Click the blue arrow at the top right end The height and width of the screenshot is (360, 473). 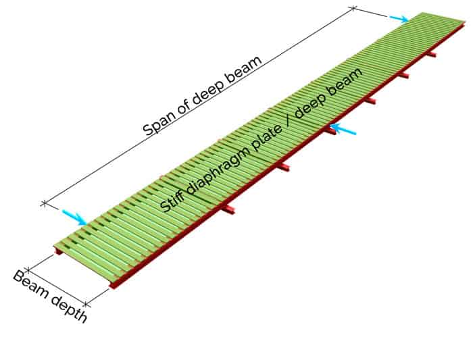tap(399, 19)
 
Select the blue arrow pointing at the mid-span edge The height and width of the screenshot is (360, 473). tap(343, 130)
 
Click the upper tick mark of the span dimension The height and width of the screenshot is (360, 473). tap(353, 8)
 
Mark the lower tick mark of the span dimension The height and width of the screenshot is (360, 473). tap(45, 204)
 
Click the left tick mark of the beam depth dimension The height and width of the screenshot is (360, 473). tap(28, 270)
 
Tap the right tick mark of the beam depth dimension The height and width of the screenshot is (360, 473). tap(86, 304)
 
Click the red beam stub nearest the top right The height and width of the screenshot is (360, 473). tap(431, 53)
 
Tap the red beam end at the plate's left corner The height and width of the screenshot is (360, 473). tap(58, 251)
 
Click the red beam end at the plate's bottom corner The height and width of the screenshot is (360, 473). tap(114, 285)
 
